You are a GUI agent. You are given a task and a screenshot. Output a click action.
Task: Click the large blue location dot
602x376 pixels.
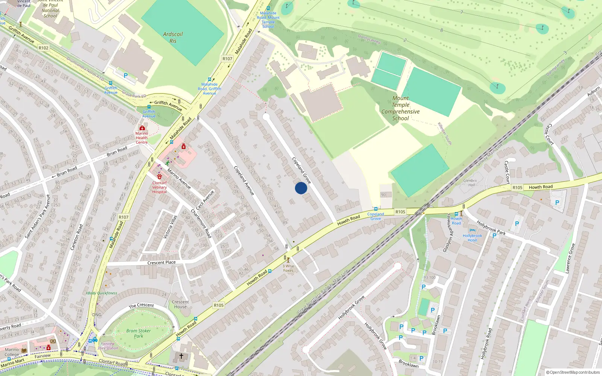point(301,188)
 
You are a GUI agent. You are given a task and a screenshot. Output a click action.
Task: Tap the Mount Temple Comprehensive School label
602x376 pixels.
point(400,108)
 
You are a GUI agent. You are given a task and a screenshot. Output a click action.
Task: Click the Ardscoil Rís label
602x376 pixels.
point(173,37)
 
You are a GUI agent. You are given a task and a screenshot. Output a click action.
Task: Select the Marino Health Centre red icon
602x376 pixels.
point(142,128)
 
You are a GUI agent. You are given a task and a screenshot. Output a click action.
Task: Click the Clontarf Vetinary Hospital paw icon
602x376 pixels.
point(160,176)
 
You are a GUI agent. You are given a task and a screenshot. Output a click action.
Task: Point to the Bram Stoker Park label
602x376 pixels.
point(138,334)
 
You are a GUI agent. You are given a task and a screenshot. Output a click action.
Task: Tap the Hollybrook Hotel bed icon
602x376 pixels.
point(472,230)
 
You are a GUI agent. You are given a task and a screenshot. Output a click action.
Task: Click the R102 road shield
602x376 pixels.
point(43,48)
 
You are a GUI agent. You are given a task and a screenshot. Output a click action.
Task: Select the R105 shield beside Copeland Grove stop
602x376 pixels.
point(400,212)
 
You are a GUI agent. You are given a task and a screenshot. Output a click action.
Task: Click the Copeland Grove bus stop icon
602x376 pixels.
point(375,209)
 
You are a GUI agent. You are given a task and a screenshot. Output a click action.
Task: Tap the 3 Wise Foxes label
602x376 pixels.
point(289,268)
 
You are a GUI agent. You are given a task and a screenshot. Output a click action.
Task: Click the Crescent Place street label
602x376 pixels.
point(161,262)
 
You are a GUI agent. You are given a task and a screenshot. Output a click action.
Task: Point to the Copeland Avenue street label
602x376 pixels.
point(244,180)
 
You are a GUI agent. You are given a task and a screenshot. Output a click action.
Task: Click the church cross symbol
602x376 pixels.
point(181,356)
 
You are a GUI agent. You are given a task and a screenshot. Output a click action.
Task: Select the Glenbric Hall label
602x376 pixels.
point(470,183)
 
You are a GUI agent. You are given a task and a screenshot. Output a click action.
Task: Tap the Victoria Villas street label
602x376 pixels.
point(170,227)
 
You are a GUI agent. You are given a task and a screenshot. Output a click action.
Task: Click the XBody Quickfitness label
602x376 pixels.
point(102,293)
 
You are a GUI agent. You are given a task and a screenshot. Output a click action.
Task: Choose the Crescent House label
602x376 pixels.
point(180,304)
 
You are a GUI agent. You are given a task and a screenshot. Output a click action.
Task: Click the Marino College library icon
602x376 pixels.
point(24,350)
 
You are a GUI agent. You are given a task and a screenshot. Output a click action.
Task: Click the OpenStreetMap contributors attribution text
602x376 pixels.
point(573,372)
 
